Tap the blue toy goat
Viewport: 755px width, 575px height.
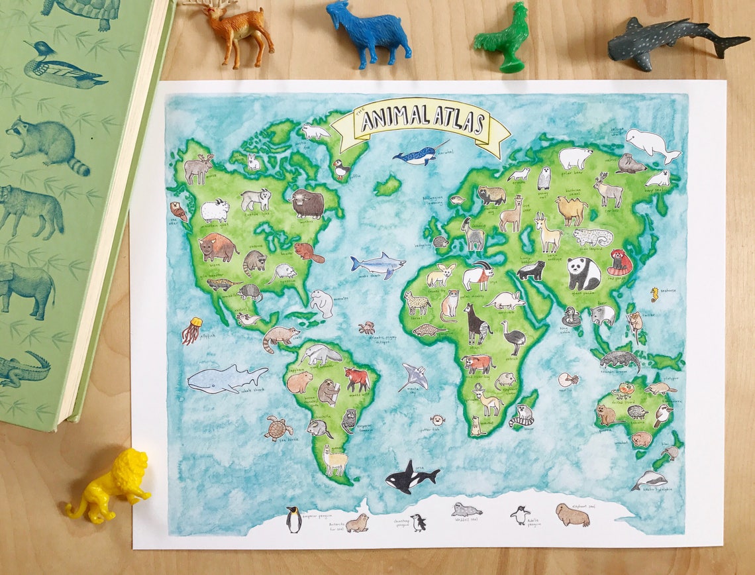tap(368, 33)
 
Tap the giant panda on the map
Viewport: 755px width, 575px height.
tap(583, 273)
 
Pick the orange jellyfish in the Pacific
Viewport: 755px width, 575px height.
tap(191, 330)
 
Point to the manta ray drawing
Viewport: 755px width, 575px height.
tap(413, 377)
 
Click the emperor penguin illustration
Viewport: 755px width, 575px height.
tap(293, 519)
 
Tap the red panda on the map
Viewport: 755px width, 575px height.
tap(620, 262)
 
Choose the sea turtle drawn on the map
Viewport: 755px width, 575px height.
tap(278, 428)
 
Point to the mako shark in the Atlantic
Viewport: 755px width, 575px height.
tap(377, 264)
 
